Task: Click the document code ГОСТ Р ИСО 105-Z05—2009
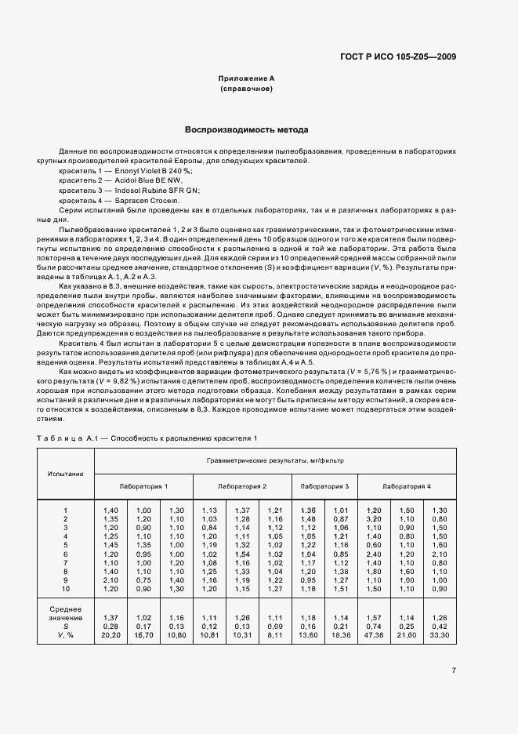[399, 56]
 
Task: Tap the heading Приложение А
[246, 79]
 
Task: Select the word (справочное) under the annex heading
[246, 89]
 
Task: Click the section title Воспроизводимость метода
[246, 129]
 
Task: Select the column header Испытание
[65, 474]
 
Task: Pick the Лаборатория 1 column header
[143, 487]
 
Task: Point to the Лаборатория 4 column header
[406, 487]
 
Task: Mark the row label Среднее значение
[65, 612]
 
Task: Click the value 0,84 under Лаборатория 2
[208, 529]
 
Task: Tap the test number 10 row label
[66, 588]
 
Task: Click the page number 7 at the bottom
[454, 670]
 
